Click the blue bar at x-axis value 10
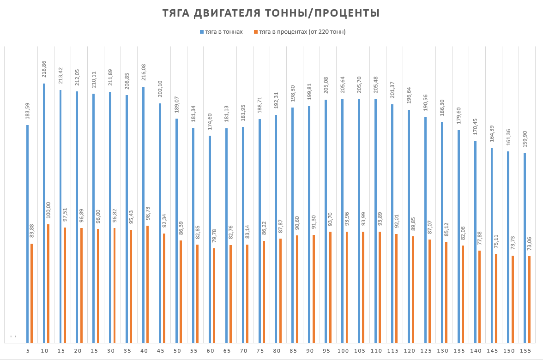[44, 213]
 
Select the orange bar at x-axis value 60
[214, 295]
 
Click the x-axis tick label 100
[343, 351]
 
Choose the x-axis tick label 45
[160, 351]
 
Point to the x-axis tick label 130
[442, 351]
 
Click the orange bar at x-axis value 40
[147, 284]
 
